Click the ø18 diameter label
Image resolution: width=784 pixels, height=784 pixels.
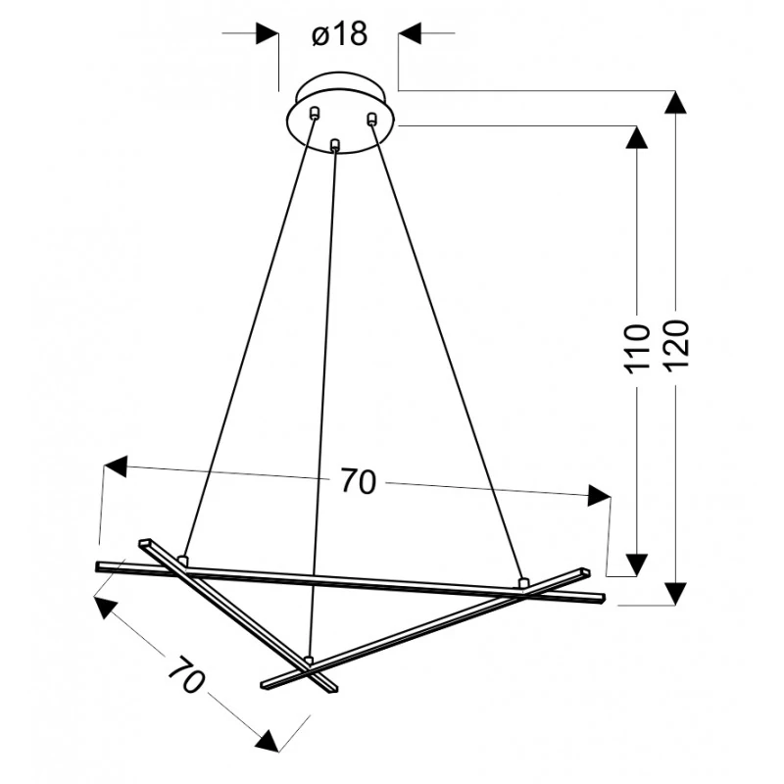tap(340, 34)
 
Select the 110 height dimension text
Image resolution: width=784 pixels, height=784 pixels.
tap(637, 349)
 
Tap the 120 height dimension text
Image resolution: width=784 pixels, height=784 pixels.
tap(677, 344)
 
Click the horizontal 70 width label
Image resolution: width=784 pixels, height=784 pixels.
tap(359, 481)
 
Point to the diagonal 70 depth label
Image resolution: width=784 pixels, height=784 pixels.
tap(186, 675)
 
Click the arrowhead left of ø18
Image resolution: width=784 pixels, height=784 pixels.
tap(267, 33)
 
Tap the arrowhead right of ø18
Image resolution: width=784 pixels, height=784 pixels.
tap(410, 33)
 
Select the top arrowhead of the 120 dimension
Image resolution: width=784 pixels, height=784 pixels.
tap(675, 103)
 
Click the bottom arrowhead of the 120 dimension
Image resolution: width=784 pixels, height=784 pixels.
tap(675, 594)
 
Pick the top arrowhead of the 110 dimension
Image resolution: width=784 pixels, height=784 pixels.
tap(636, 137)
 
